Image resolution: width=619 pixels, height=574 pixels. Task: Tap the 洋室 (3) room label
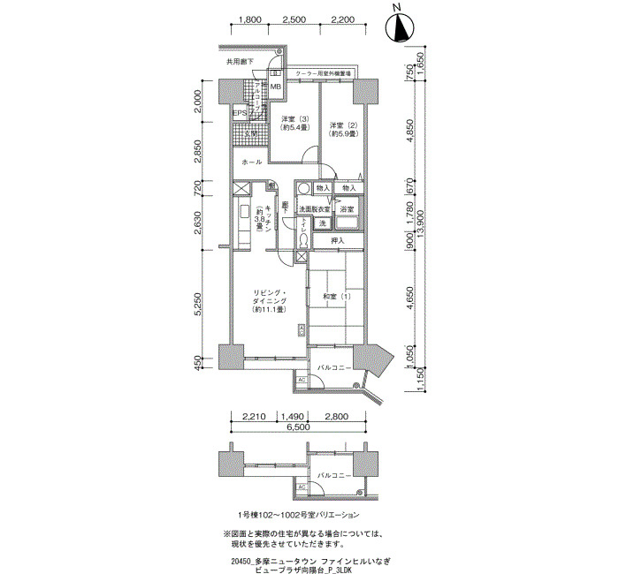coord(294,124)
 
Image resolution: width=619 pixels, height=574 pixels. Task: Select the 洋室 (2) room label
coord(341,128)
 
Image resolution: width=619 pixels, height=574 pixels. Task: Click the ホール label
coord(251,163)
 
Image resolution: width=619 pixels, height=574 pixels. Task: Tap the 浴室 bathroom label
coord(348,209)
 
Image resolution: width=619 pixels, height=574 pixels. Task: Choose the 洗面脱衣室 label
coord(314,209)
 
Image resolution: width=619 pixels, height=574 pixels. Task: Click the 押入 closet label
coord(337,240)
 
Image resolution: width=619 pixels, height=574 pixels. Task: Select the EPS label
coord(239,114)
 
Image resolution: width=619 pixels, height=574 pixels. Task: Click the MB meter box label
coord(275,87)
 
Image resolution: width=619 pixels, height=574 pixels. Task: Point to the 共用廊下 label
coord(240,62)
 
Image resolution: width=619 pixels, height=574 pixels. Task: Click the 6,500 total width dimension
coord(298,427)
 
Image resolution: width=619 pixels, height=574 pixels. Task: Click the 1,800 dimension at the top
coord(250,20)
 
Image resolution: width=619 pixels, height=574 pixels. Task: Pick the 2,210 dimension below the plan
coord(254,416)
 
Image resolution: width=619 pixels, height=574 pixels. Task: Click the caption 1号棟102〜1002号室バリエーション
coord(299,514)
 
